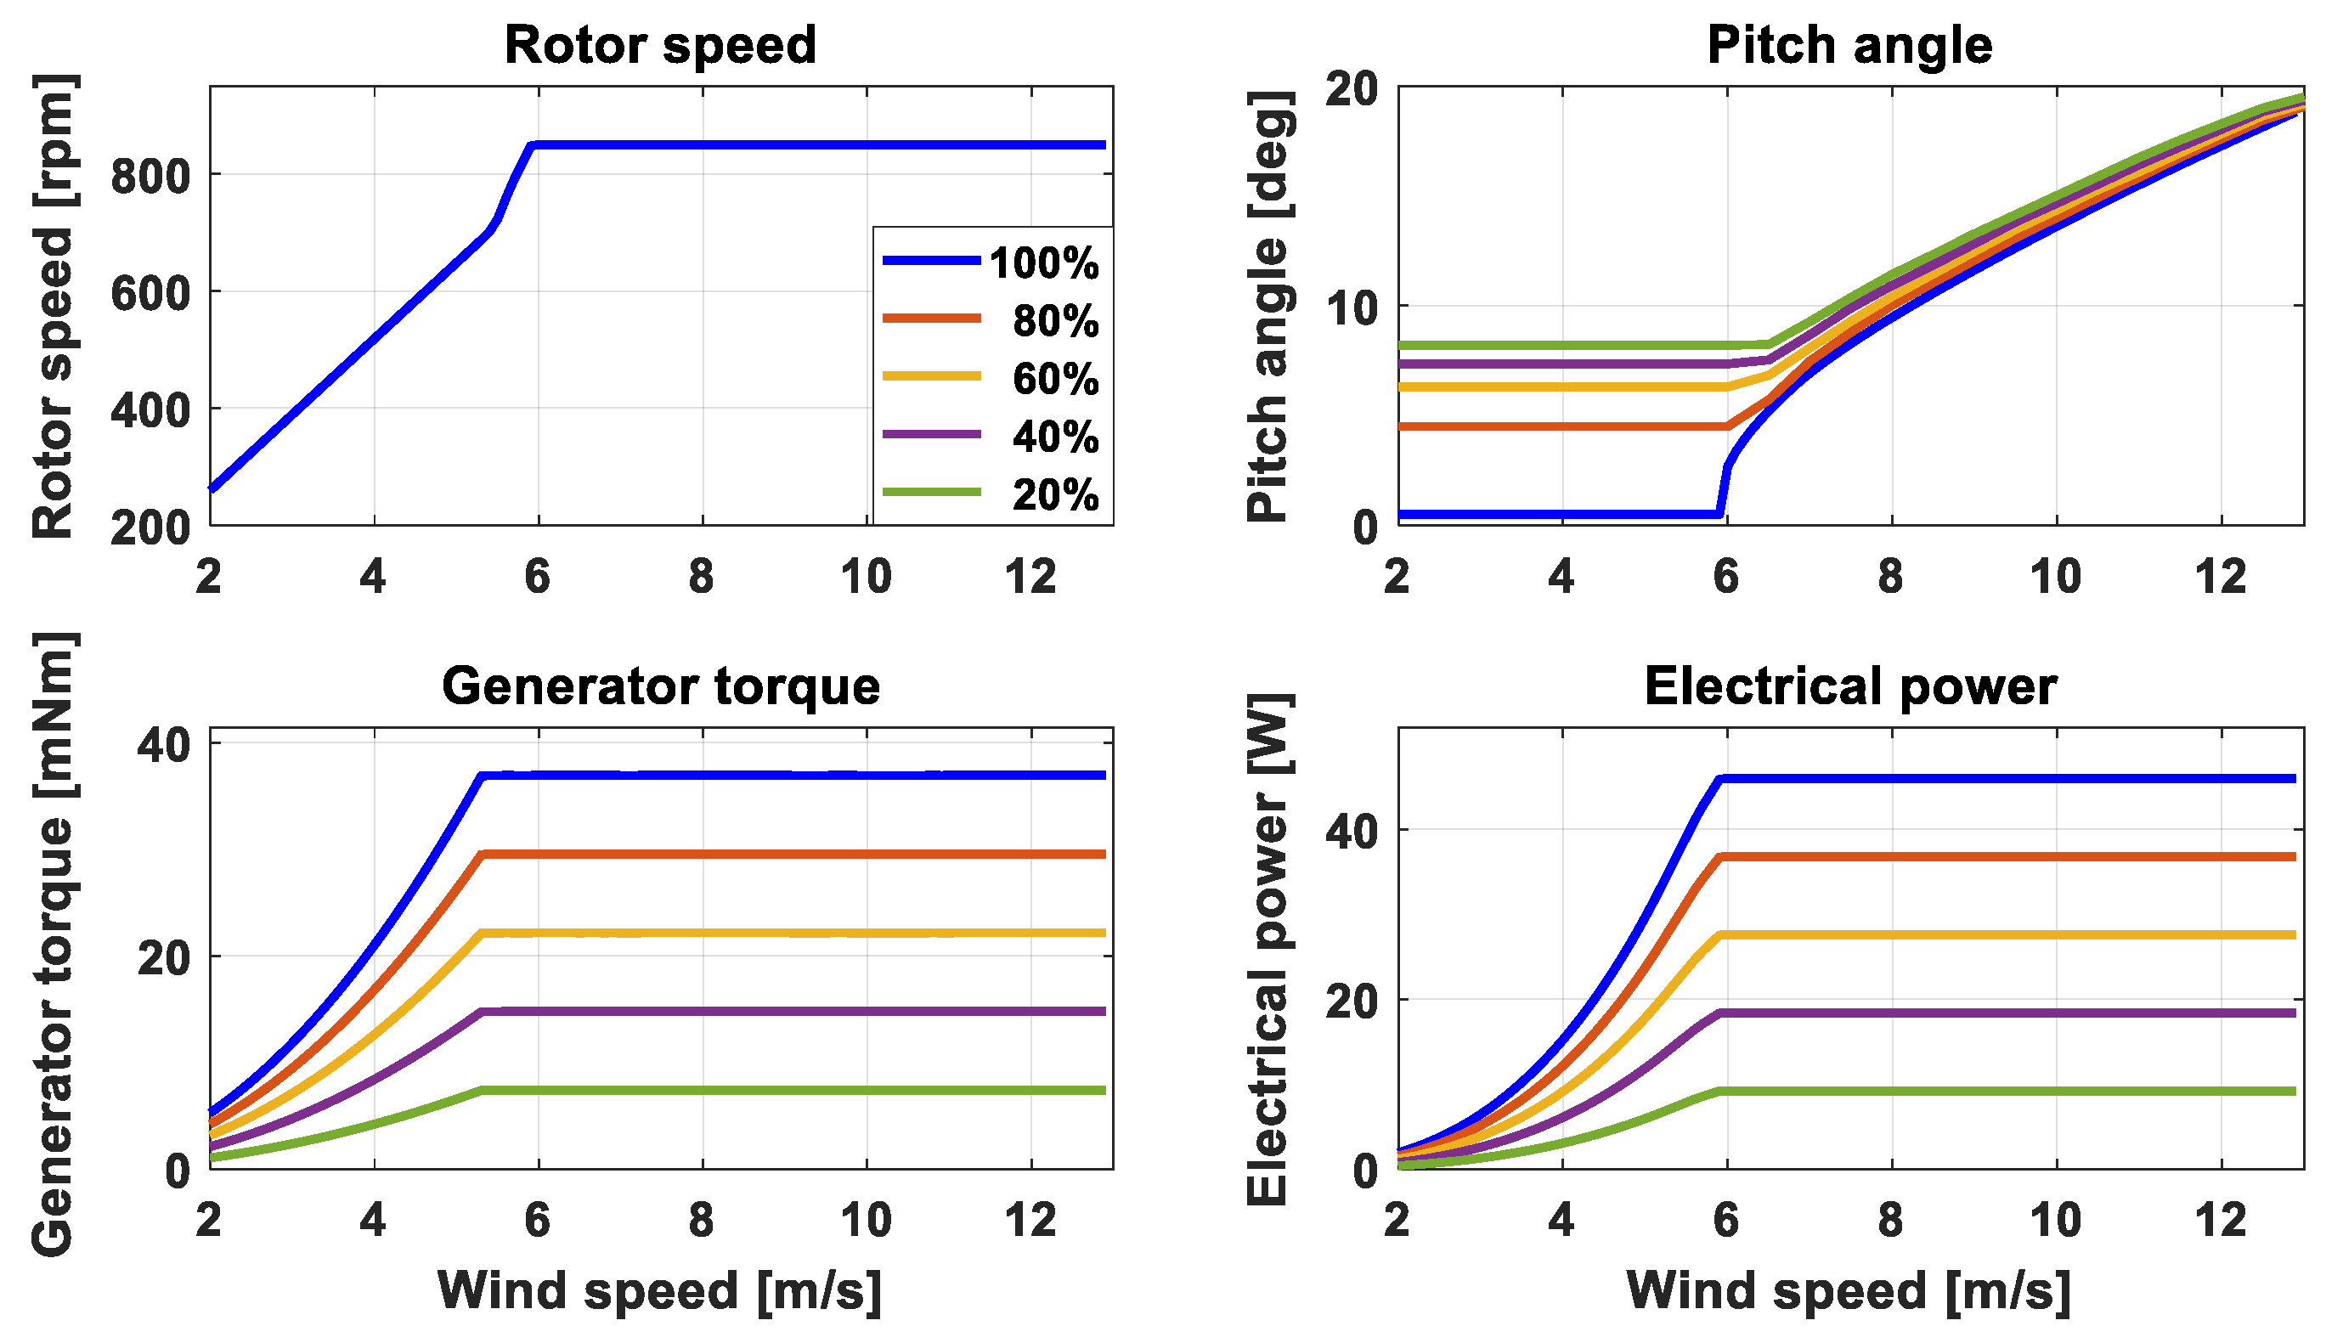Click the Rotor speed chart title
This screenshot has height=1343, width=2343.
point(660,44)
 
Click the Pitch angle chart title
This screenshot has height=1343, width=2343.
point(1849,44)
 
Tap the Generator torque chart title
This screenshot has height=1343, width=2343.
point(660,686)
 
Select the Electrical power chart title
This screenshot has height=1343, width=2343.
point(1849,686)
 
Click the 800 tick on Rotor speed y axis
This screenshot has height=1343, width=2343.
point(150,175)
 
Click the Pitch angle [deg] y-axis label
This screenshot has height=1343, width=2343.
point(1269,307)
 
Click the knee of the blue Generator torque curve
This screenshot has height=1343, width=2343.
point(482,776)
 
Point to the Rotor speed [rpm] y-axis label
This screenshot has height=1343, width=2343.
point(54,307)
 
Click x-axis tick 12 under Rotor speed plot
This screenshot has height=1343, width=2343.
point(1030,578)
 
